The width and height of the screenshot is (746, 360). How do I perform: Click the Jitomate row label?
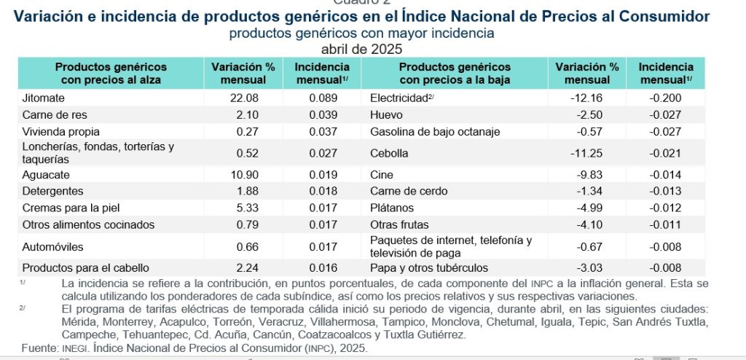coord(44,98)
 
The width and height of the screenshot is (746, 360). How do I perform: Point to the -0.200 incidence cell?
coord(665,98)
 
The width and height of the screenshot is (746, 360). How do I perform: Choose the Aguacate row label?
coord(45,175)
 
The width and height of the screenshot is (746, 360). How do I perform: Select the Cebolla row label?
coord(390,153)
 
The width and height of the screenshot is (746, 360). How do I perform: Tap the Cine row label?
coord(382,175)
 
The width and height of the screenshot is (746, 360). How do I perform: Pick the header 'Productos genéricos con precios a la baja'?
coord(455,73)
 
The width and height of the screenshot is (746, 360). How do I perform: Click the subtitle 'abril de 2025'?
coord(361,49)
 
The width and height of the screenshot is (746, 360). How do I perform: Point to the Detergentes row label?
coord(52,191)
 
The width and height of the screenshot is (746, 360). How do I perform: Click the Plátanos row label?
coord(391,208)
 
